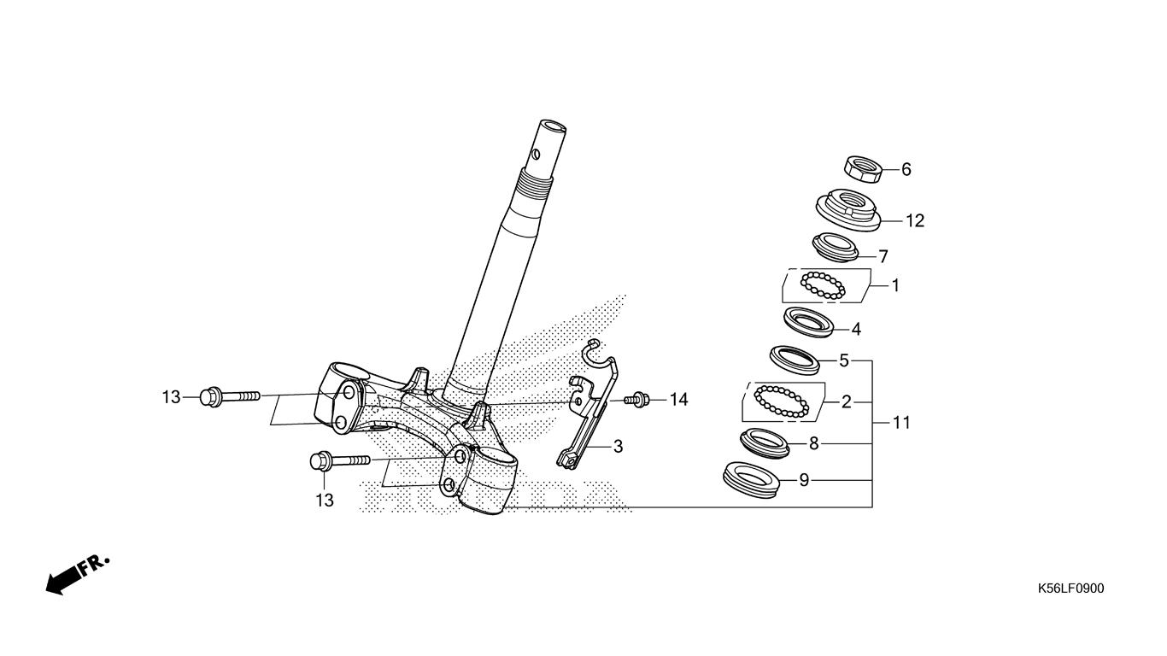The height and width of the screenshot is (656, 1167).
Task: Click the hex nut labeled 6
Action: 862,169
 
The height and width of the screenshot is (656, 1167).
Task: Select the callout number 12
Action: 915,221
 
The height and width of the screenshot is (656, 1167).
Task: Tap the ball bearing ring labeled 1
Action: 823,285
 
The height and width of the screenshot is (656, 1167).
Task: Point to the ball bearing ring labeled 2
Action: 782,401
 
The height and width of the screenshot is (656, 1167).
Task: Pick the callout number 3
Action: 618,447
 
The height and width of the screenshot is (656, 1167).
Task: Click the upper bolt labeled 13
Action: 229,397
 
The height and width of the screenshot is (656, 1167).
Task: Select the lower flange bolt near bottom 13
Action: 340,461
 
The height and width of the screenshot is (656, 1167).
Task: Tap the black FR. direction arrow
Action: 78,575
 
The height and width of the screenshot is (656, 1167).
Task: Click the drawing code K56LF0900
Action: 1070,589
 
